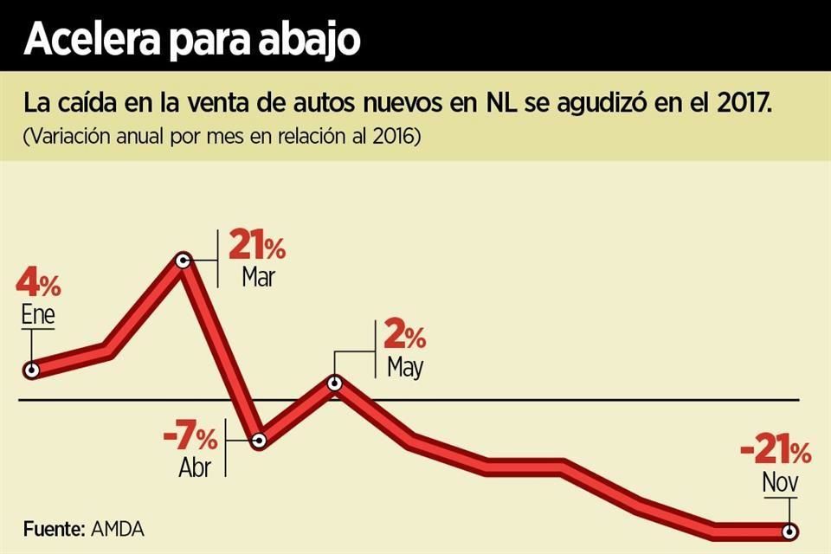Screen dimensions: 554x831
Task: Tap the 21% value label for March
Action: [256, 247]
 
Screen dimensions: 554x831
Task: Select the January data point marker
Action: [31, 370]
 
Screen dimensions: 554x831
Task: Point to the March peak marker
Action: [184, 260]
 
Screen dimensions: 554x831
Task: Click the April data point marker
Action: [259, 441]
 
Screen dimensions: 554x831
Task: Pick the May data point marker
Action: [336, 383]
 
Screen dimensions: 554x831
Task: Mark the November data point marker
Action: [789, 531]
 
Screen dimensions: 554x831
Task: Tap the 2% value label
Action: [404, 336]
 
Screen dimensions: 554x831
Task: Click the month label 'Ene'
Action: [38, 314]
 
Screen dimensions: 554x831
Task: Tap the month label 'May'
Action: [405, 366]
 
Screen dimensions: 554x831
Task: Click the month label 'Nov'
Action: [780, 482]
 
